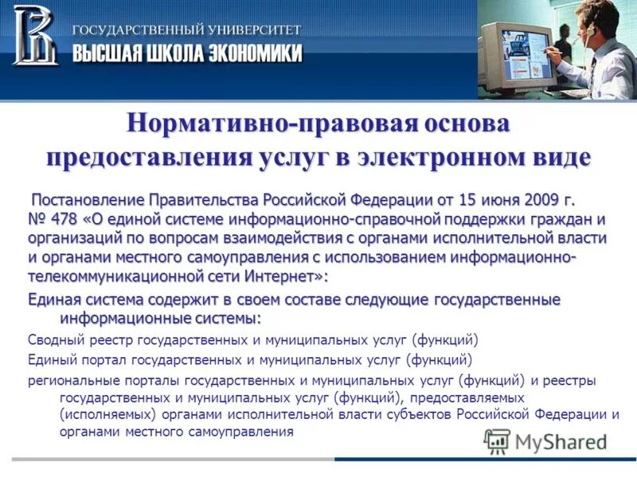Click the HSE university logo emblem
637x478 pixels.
click(35, 35)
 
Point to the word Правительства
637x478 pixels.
click(201, 198)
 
